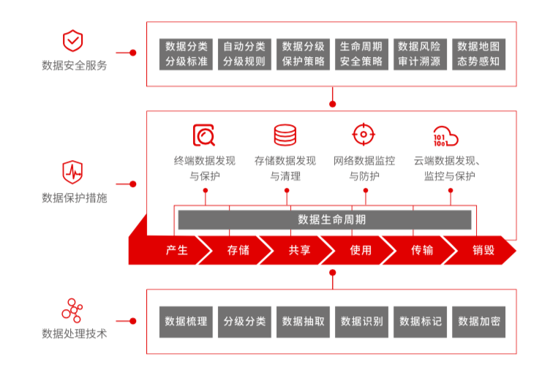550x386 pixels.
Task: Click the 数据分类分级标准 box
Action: point(186,54)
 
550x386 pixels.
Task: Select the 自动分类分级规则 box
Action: point(244,54)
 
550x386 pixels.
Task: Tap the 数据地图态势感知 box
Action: point(478,54)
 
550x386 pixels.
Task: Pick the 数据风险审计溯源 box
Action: point(420,54)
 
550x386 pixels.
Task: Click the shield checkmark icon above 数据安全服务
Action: point(74,40)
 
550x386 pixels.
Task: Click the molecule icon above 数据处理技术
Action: point(72,309)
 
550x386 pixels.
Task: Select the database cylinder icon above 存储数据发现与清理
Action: point(285,135)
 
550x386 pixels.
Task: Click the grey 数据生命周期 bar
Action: point(324,219)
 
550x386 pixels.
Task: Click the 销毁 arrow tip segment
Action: point(483,250)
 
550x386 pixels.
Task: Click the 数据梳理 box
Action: point(186,321)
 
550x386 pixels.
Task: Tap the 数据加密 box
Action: point(478,321)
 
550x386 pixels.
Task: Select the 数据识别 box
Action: point(361,321)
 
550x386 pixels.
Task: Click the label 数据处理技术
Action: point(75,333)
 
